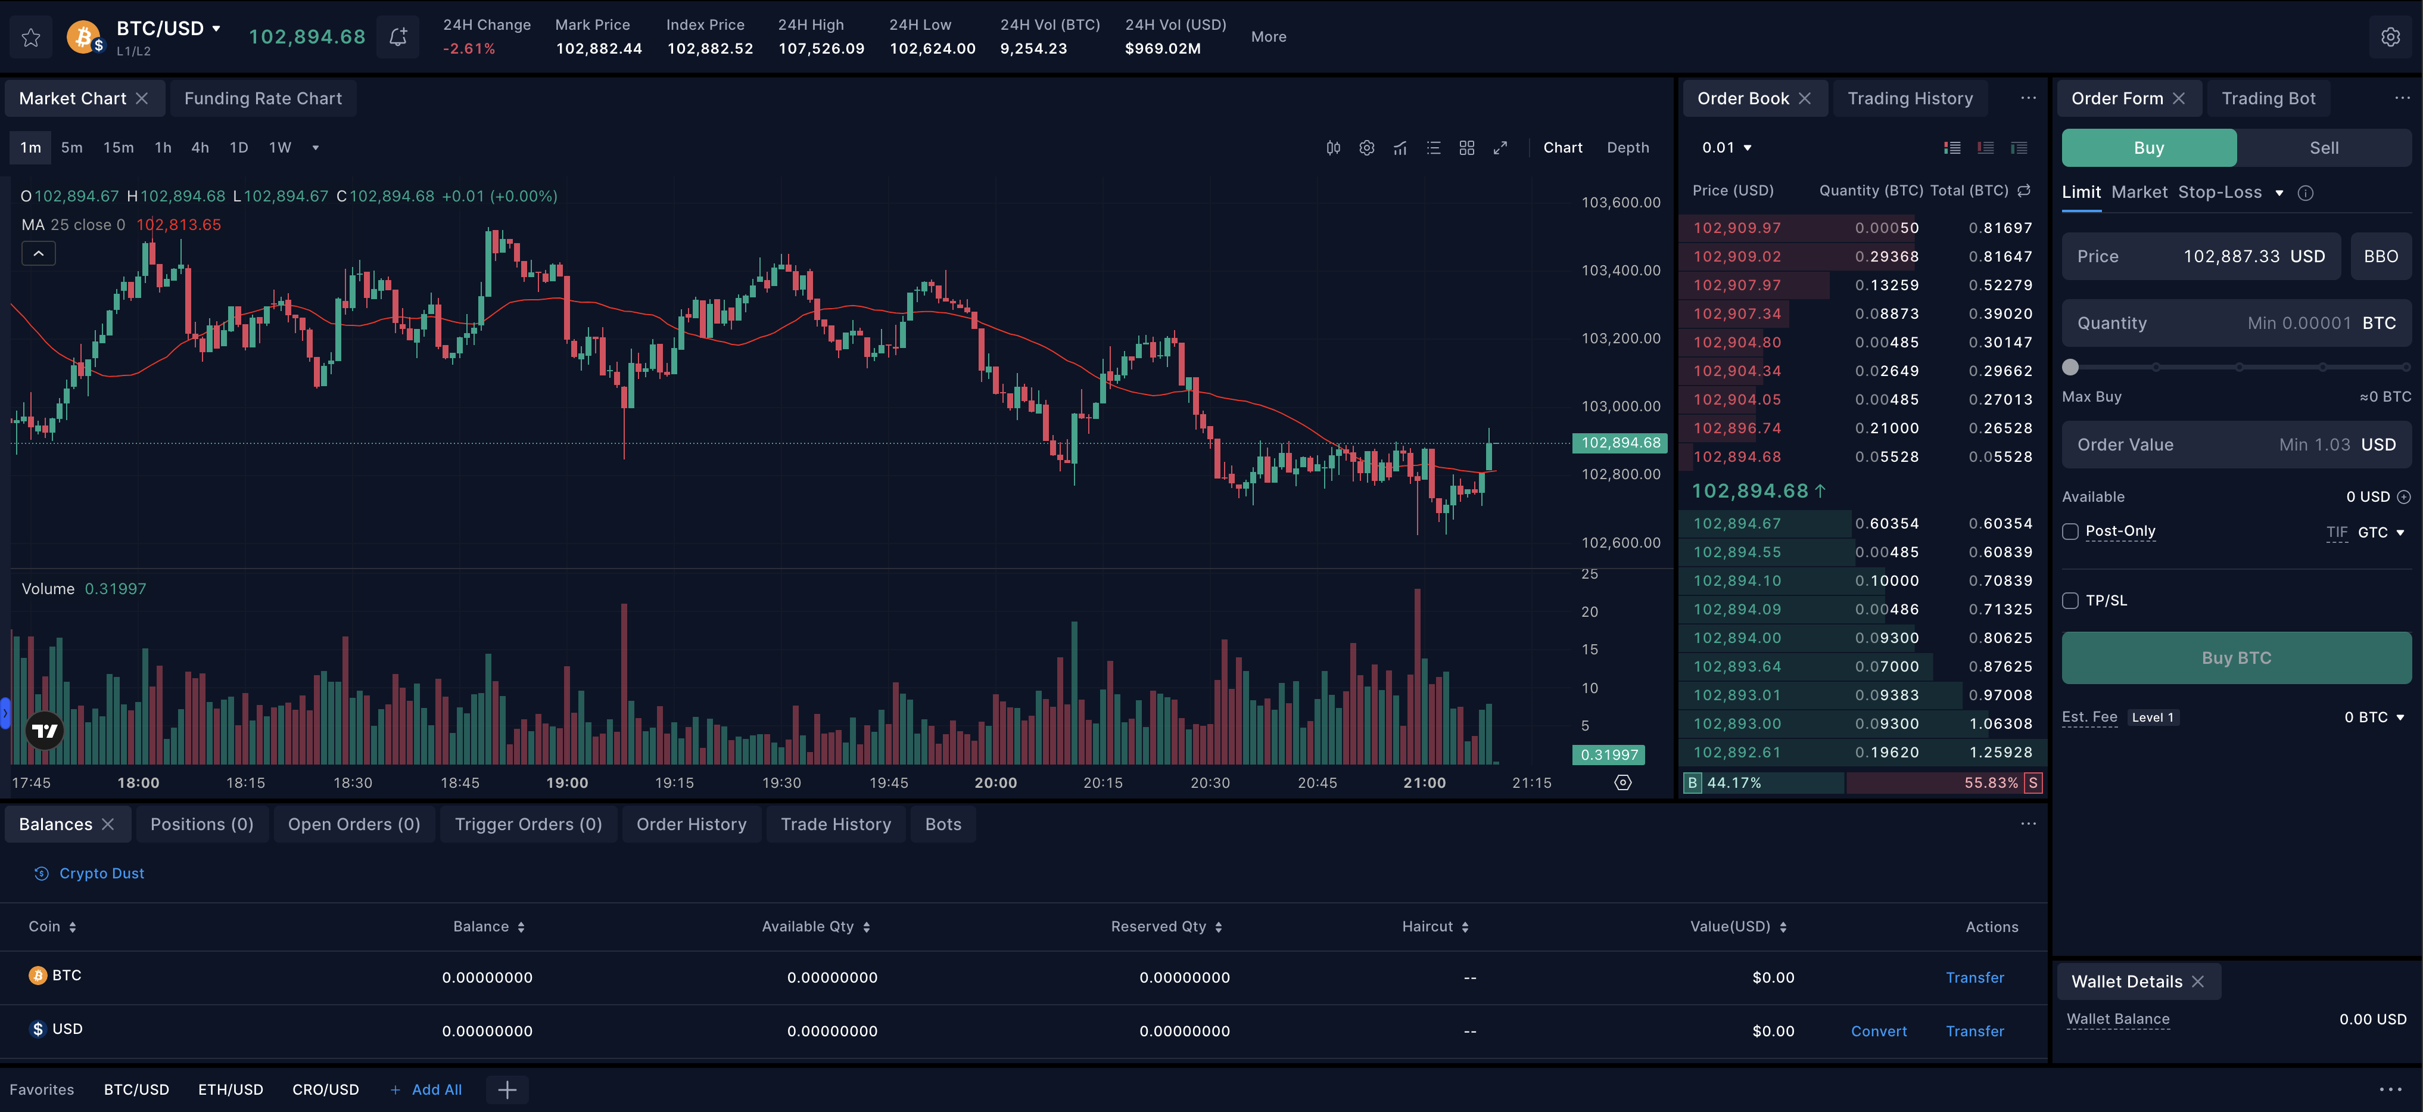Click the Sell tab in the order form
click(x=2324, y=148)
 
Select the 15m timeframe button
click(x=119, y=148)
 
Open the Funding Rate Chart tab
click(x=263, y=99)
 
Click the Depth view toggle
click(x=1627, y=148)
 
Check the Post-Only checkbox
click(x=2070, y=532)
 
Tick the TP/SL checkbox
click(x=2070, y=600)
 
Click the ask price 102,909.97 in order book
click(x=1736, y=228)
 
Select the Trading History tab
click(x=1910, y=99)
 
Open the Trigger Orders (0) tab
click(x=528, y=824)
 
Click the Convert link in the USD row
click(x=1879, y=1031)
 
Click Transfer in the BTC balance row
click(x=1974, y=977)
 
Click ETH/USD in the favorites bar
click(x=231, y=1089)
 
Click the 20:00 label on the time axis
click(x=995, y=782)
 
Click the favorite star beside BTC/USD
click(x=31, y=38)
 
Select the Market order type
click(x=2139, y=192)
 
